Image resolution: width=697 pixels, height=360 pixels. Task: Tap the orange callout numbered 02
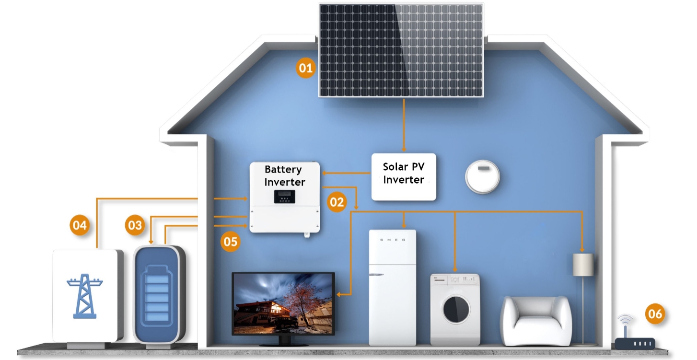tap(337, 202)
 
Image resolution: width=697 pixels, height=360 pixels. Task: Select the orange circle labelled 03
tap(135, 225)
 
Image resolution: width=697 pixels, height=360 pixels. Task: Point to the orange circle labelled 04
tap(80, 225)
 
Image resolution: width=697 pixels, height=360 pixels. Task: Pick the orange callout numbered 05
tap(231, 242)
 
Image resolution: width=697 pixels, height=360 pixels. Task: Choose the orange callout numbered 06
tap(655, 314)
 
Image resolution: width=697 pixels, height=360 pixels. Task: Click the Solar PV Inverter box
tap(404, 176)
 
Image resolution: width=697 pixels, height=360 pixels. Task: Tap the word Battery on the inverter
tap(283, 170)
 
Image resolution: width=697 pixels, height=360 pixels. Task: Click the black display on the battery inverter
tap(284, 197)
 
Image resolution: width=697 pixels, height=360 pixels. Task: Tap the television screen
tap(283, 303)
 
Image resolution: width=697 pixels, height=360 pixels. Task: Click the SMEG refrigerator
tap(392, 288)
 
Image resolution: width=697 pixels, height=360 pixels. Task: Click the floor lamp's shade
tap(583, 265)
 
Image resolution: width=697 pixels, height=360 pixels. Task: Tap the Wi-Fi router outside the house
tap(635, 341)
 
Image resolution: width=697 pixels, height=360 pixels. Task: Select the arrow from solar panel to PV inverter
tap(404, 126)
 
